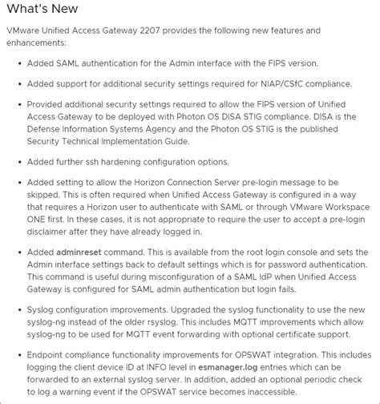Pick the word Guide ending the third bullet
[x=174, y=141]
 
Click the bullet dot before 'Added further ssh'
[x=18, y=161]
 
